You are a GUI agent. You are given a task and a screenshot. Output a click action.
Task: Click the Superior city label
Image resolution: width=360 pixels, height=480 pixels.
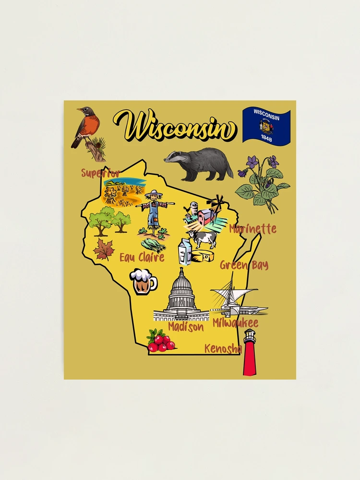(x=100, y=173)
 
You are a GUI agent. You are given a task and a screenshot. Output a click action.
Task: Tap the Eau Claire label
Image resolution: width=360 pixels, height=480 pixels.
(x=142, y=258)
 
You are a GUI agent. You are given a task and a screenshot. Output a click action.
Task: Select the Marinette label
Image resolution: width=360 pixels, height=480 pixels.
(x=252, y=229)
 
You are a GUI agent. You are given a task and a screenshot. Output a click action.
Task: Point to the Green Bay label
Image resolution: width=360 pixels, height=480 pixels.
(x=244, y=265)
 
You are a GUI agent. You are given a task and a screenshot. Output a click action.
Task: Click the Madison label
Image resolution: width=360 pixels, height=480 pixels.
(x=186, y=327)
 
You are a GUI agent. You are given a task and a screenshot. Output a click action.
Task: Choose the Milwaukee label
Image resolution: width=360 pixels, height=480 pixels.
(x=235, y=323)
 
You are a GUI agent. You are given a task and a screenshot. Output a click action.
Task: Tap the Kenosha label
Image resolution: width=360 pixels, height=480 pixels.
(x=222, y=348)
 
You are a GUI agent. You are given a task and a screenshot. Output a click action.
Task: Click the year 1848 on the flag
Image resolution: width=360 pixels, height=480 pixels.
(x=266, y=137)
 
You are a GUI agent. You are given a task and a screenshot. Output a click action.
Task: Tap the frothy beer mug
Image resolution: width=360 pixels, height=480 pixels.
(x=143, y=281)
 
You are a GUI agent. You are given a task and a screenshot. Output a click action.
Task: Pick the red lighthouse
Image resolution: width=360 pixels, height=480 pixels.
(x=250, y=353)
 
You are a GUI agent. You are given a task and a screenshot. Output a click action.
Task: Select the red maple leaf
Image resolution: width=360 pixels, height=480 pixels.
(x=103, y=249)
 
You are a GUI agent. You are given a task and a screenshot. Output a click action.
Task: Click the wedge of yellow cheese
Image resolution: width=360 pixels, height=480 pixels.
(x=203, y=256)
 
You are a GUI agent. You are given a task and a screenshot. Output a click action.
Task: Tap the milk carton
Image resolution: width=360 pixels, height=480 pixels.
(x=185, y=251)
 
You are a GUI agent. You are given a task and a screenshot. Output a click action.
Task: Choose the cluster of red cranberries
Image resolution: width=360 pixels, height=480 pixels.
(x=161, y=341)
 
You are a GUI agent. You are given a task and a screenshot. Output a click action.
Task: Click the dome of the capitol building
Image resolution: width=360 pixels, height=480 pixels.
(x=181, y=284)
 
